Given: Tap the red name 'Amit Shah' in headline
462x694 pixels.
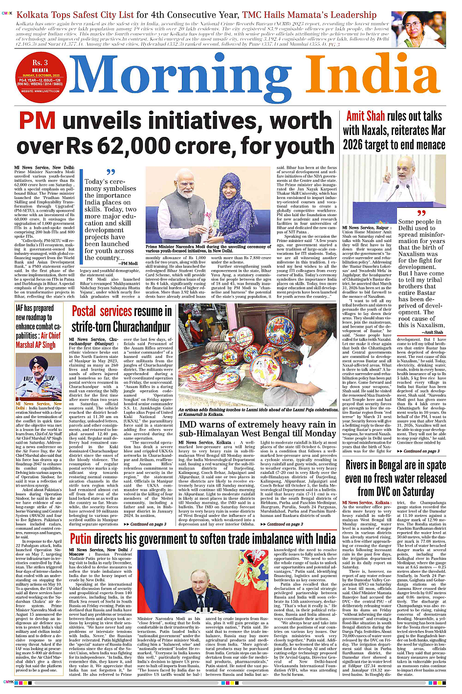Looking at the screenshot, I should coord(365,116).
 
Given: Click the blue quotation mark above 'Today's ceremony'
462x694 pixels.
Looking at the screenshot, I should coord(110,172).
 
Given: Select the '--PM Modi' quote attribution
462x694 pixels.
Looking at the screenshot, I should coord(128,263).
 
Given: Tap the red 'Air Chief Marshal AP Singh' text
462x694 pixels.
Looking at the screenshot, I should coord(38,340).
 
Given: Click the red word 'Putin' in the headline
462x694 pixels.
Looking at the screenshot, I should coord(81,538).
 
